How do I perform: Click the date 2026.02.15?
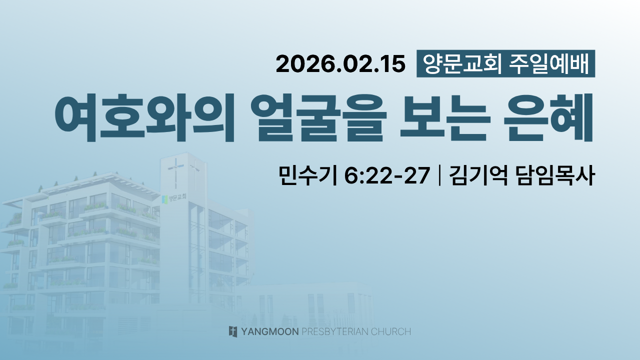pyautogui.click(x=340, y=63)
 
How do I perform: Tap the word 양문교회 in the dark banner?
pyautogui.click(x=462, y=63)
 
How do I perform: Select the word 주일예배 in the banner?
pyautogui.click(x=549, y=63)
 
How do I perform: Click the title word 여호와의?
pyautogui.click(x=145, y=117)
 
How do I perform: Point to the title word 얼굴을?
pyautogui.click(x=318, y=117)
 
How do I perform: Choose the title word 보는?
pyautogui.click(x=443, y=117)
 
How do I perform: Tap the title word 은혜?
pyautogui.click(x=547, y=117)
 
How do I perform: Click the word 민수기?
pyautogui.click(x=307, y=175)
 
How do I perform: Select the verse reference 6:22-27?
pyautogui.click(x=387, y=175)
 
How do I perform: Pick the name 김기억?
pyautogui.click(x=478, y=175)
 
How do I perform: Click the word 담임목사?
pyautogui.click(x=555, y=175)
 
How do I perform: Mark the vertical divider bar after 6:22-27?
pyautogui.click(x=439, y=175)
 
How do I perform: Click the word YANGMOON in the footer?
pyautogui.click(x=270, y=331)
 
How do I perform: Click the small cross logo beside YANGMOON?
pyautogui.click(x=233, y=331)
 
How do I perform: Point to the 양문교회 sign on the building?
pyautogui.click(x=174, y=198)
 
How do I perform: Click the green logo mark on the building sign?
pyautogui.click(x=164, y=199)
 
